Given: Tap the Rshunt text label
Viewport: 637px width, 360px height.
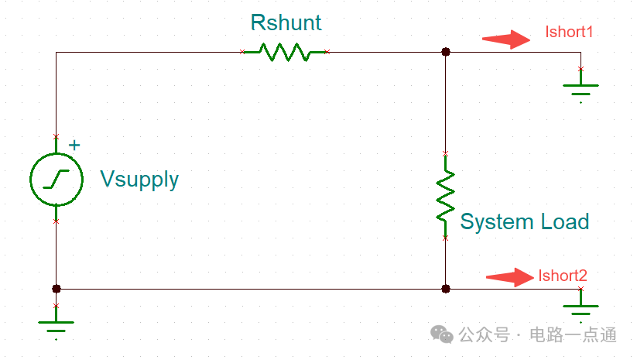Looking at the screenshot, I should (286, 22).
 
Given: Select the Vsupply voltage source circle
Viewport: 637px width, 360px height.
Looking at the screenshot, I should (56, 179).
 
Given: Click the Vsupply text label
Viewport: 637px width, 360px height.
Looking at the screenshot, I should (139, 180).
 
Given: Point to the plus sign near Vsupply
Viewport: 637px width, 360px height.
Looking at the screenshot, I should (74, 145).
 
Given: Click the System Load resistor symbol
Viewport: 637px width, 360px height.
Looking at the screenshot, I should (445, 195).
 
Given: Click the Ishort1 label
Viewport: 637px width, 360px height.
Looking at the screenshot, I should (569, 33).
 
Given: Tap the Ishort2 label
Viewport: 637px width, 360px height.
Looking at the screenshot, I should (563, 276).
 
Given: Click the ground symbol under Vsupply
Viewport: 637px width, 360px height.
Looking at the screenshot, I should (56, 324).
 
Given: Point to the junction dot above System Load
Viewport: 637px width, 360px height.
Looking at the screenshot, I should (445, 53).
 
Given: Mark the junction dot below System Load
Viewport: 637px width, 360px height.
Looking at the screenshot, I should (445, 289).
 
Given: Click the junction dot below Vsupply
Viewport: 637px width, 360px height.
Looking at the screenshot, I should (56, 289).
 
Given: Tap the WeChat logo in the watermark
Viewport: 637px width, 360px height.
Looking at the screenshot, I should (443, 334).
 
